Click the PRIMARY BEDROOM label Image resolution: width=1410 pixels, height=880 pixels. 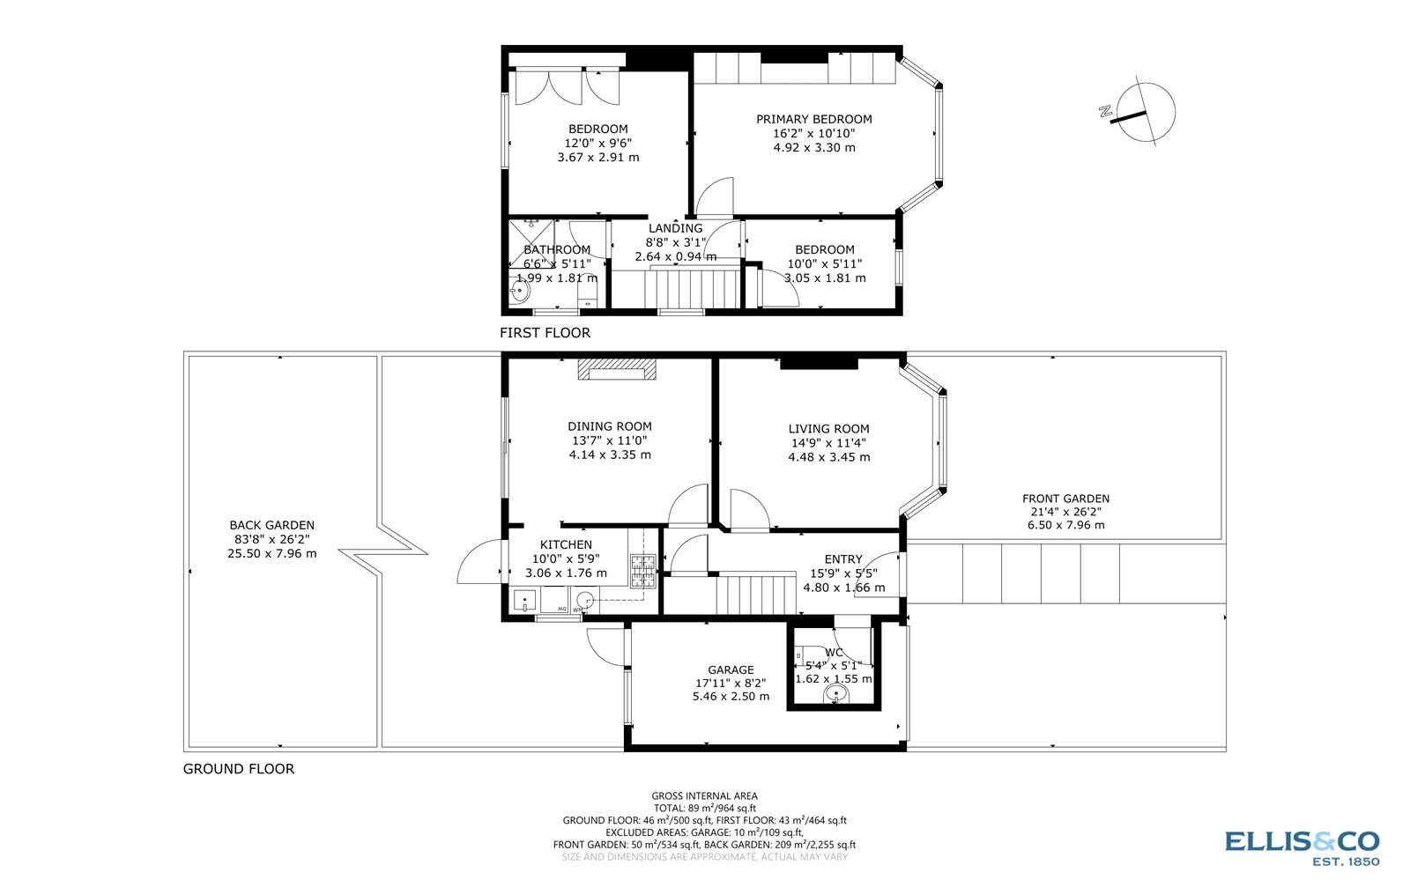tap(813, 119)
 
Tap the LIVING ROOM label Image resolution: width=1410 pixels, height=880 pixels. tap(828, 429)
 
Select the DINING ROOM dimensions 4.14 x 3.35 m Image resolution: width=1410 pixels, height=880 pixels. tap(610, 455)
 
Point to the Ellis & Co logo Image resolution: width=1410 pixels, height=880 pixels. tap(1302, 847)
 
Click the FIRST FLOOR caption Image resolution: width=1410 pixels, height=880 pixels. tap(545, 333)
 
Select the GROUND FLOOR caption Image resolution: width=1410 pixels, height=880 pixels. tap(238, 769)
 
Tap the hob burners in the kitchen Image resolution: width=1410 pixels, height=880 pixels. tap(643, 571)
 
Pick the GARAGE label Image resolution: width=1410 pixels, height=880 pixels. tap(731, 669)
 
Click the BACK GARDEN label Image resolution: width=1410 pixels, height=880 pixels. tap(271, 525)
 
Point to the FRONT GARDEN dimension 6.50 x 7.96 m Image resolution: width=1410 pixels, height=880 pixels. tap(1065, 525)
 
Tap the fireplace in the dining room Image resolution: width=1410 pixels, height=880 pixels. tap(617, 369)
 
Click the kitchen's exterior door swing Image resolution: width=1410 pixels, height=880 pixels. tap(481, 564)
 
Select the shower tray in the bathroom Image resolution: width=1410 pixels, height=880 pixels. tap(531, 243)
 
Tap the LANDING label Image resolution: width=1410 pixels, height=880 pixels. tap(675, 228)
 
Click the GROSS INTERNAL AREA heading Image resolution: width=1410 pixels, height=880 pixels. tap(704, 795)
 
